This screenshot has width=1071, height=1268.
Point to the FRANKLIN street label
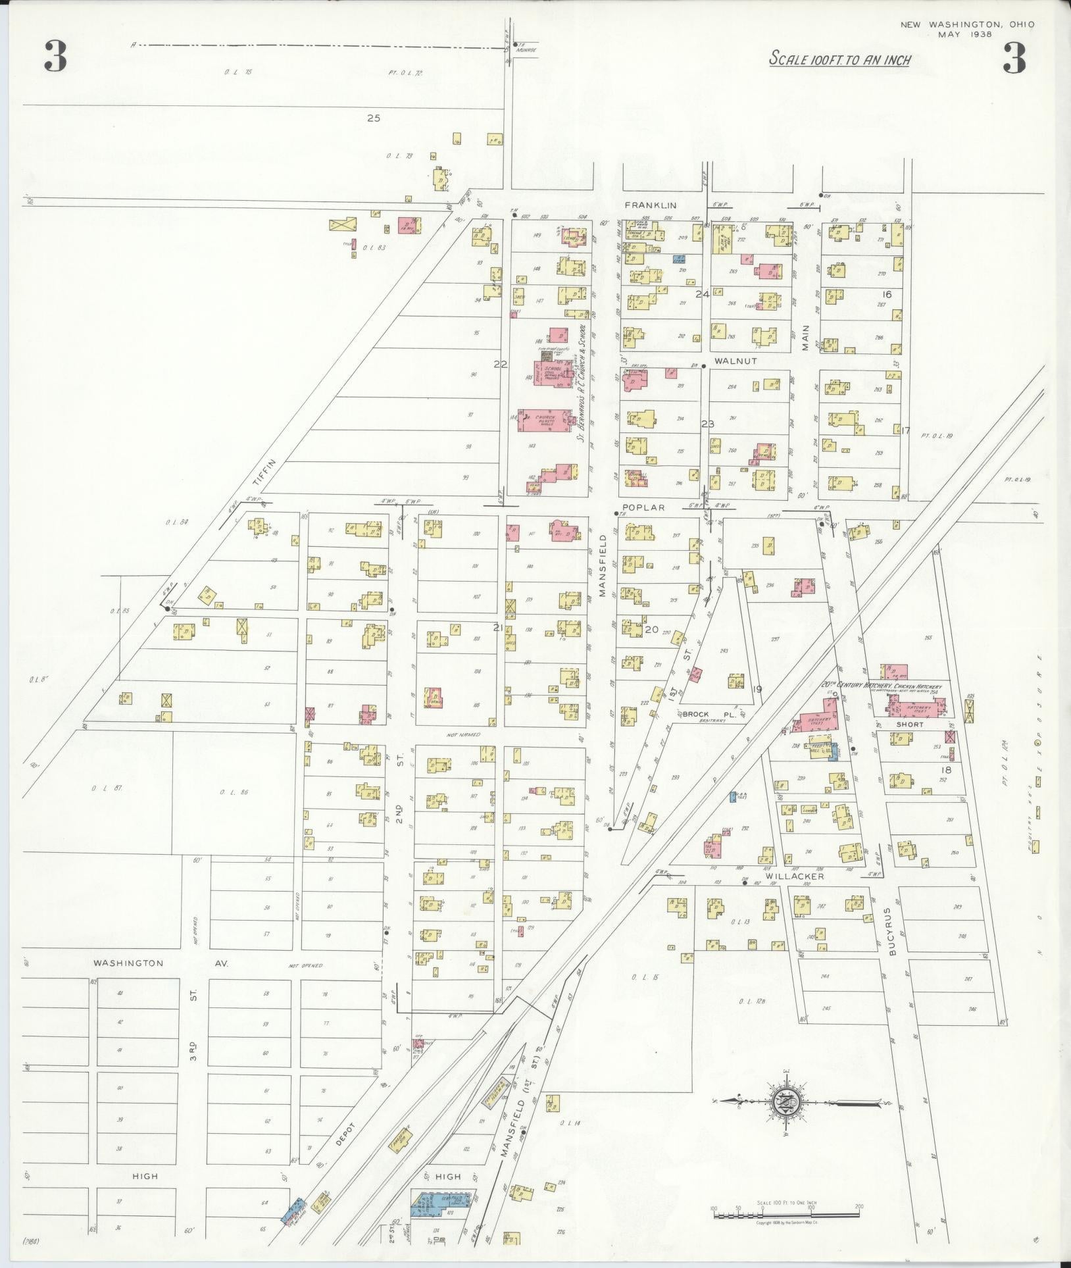coord(651,205)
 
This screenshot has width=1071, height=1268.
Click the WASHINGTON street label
coord(128,963)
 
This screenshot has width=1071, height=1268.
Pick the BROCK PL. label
coord(703,714)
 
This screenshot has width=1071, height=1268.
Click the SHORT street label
coord(909,724)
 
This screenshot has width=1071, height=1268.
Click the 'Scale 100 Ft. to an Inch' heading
coord(840,60)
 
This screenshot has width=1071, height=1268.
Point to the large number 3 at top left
coord(55,57)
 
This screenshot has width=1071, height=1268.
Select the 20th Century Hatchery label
coord(882,686)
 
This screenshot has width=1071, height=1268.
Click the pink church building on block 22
coord(545,420)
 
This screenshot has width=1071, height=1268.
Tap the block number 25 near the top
coord(374,118)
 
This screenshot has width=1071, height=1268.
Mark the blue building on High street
coord(439,1200)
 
